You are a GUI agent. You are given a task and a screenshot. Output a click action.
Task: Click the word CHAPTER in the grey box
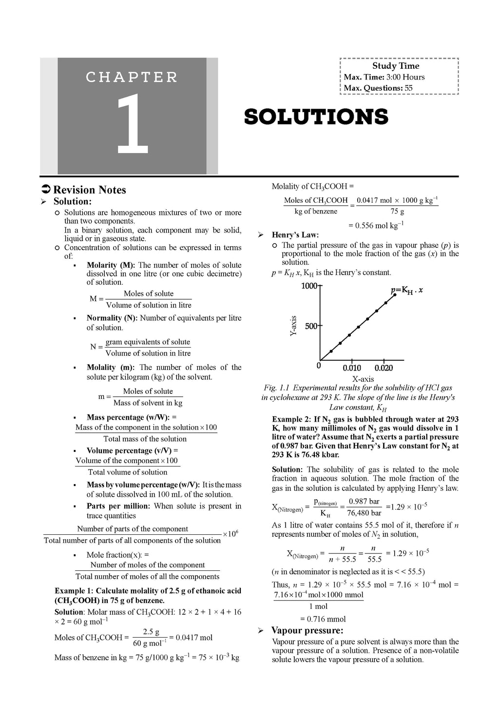click(132, 77)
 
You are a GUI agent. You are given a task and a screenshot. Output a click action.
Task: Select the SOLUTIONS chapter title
click(316, 117)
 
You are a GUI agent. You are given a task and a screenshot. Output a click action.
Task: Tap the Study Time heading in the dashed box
click(396, 66)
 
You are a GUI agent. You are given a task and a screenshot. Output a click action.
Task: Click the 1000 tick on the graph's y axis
click(309, 286)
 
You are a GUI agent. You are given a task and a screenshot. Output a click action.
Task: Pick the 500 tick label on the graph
click(311, 326)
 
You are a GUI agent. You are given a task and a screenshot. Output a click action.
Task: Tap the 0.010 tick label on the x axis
click(351, 368)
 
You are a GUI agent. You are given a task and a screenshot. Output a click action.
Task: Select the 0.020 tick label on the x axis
click(384, 368)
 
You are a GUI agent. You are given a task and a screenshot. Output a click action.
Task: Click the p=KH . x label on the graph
click(406, 291)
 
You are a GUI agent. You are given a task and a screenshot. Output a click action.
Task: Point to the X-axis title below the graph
click(363, 379)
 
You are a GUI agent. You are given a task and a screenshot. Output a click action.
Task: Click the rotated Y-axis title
click(293, 326)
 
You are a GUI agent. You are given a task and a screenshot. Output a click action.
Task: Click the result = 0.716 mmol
click(323, 619)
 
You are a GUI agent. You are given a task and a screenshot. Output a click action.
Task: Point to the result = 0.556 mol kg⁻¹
click(376, 225)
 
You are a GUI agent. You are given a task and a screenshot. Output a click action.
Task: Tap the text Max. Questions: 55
click(378, 88)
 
